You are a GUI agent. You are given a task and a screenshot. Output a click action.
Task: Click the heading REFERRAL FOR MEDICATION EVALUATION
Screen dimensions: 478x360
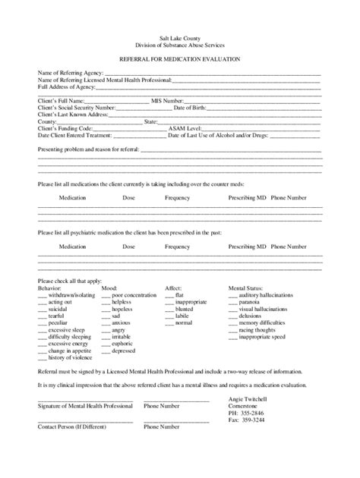(x=180, y=58)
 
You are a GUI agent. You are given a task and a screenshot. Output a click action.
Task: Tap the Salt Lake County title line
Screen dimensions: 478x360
(x=180, y=36)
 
